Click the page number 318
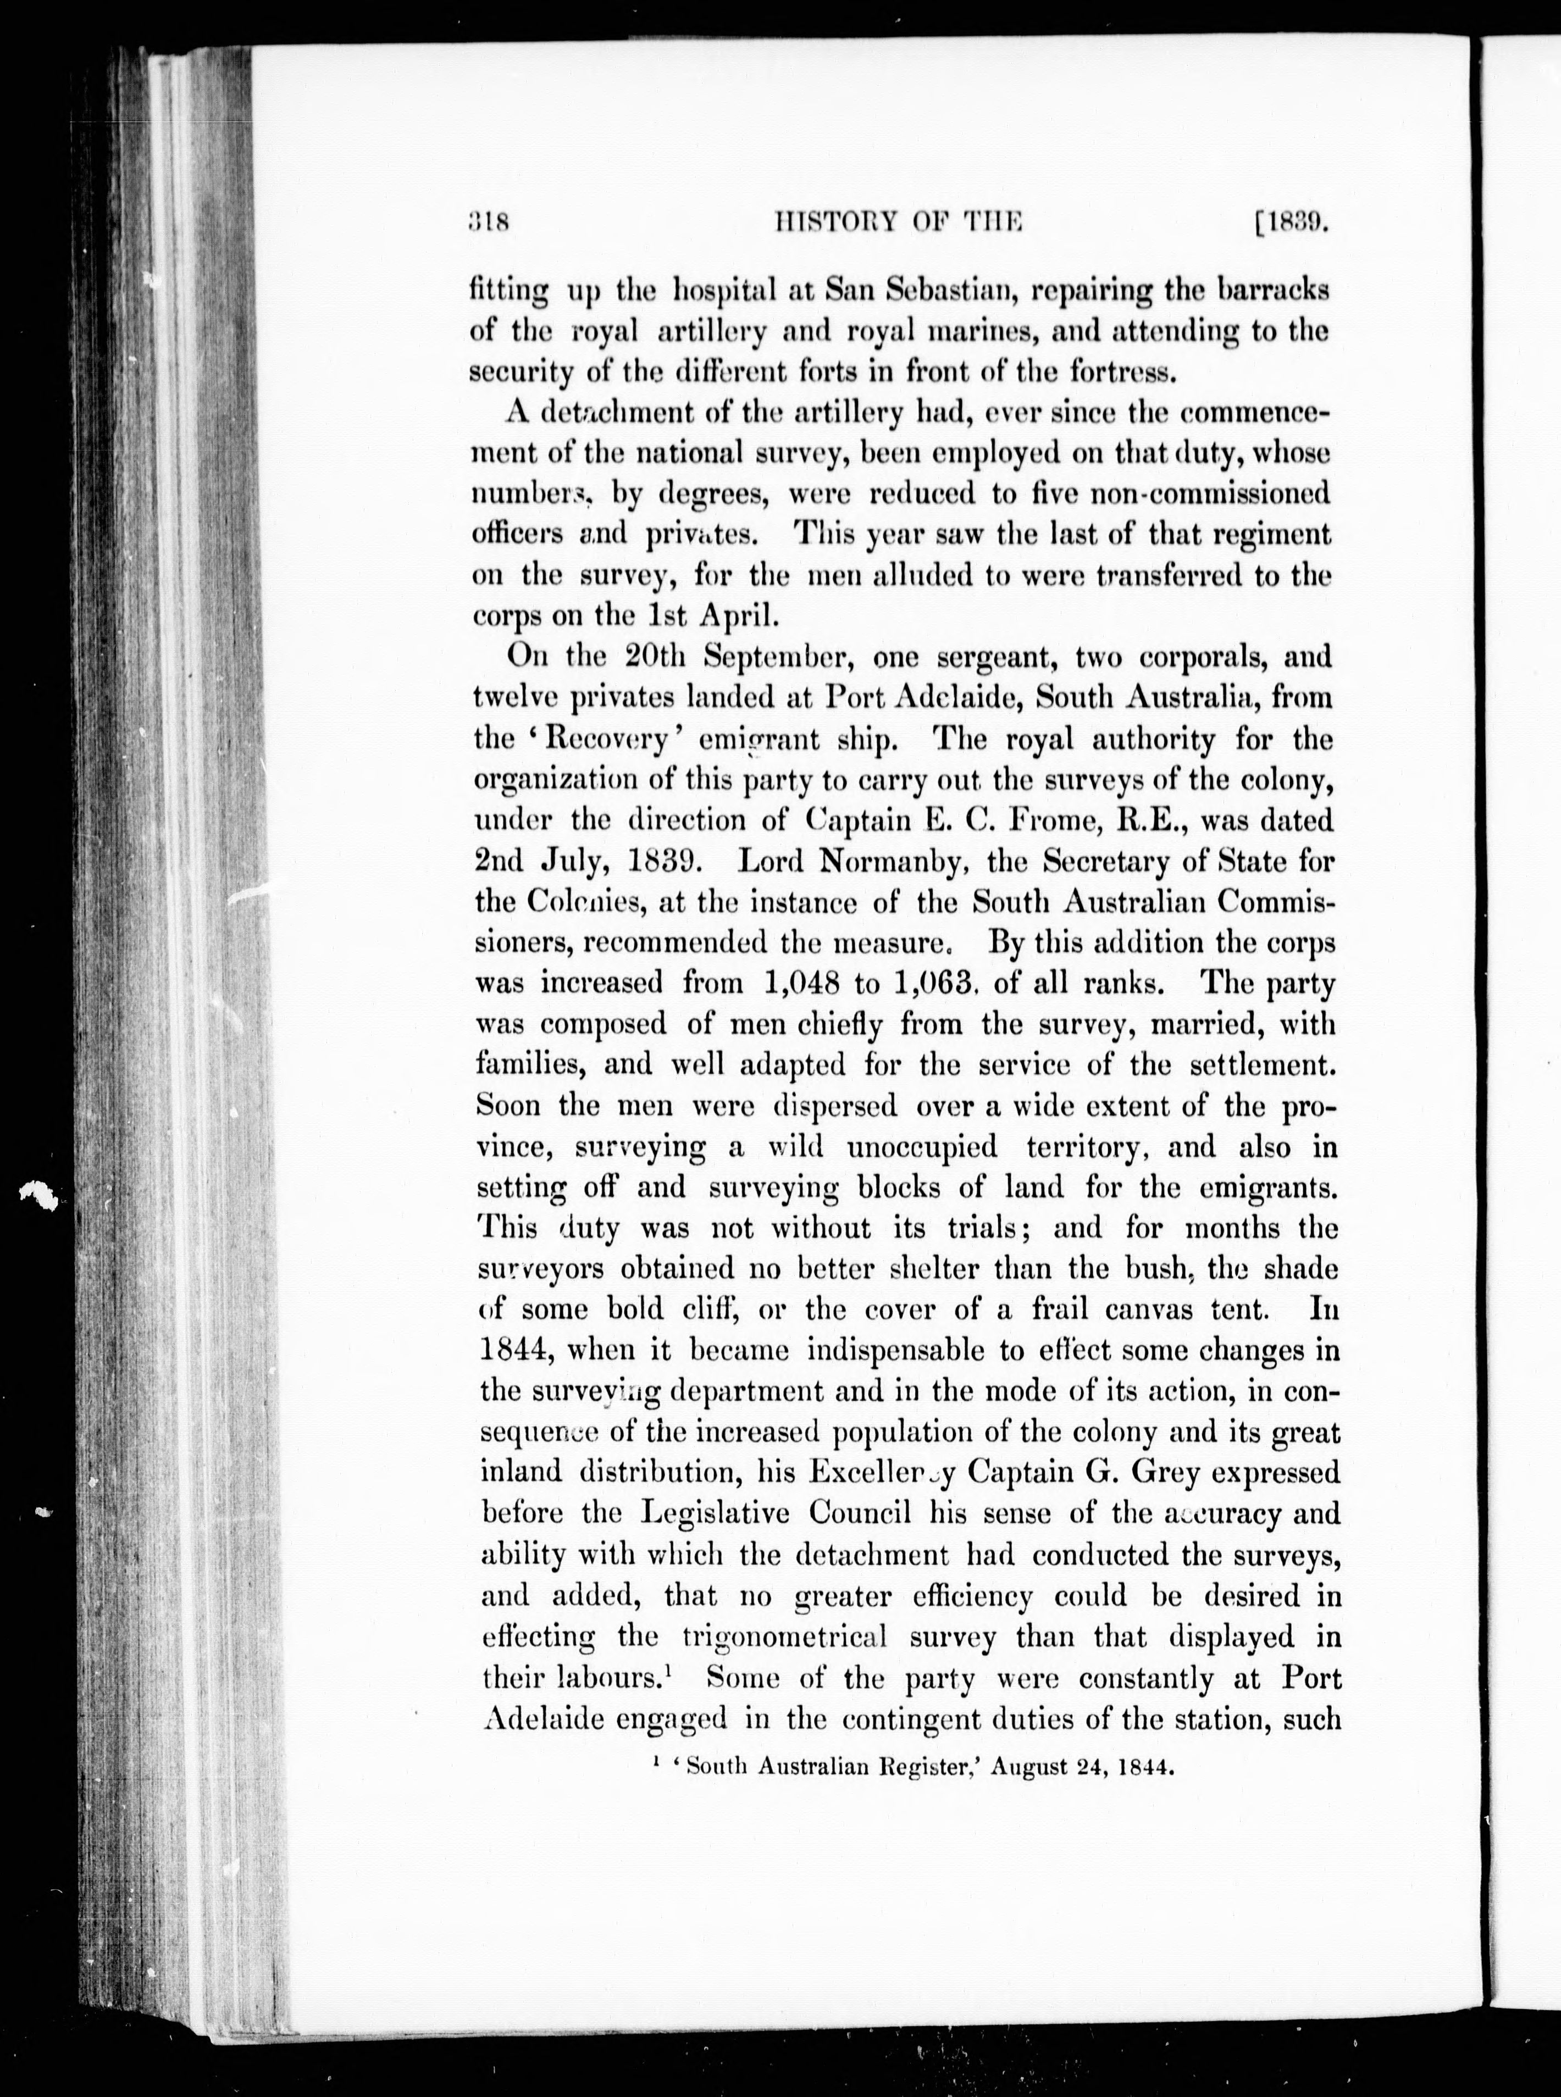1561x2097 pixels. pyautogui.click(x=490, y=223)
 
